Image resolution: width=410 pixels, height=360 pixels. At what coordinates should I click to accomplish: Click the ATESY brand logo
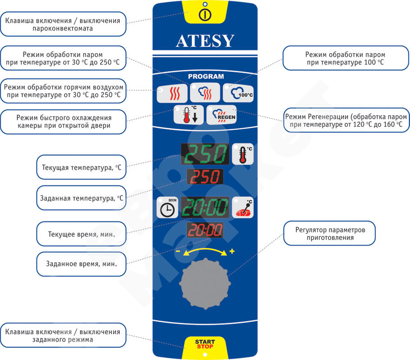tap(205, 41)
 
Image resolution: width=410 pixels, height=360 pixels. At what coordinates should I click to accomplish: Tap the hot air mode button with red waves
tap(172, 93)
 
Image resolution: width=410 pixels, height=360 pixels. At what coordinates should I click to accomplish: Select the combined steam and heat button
tap(205, 93)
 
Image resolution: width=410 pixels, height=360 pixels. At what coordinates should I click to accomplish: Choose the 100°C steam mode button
tap(238, 93)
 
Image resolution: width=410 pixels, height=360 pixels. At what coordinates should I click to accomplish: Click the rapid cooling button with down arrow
tap(188, 115)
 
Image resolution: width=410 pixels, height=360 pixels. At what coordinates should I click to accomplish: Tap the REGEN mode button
tap(222, 115)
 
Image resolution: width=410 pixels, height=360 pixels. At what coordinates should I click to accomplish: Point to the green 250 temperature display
tap(205, 154)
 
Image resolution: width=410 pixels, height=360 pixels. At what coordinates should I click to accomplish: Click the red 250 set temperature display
tap(205, 176)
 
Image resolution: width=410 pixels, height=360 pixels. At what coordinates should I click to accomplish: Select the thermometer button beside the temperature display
tap(243, 154)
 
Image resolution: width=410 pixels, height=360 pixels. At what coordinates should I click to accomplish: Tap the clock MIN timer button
tap(167, 207)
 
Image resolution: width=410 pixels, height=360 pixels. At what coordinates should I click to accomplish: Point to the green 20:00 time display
tap(205, 207)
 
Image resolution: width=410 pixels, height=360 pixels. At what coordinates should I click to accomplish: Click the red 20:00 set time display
tap(205, 230)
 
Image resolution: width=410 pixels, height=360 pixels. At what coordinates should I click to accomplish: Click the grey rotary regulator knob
tap(205, 283)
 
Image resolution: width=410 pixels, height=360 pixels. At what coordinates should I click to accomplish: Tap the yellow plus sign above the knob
tap(232, 251)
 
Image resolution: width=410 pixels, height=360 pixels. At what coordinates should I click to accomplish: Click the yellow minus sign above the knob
tap(178, 251)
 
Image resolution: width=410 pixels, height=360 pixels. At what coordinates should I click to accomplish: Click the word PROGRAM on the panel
tap(206, 76)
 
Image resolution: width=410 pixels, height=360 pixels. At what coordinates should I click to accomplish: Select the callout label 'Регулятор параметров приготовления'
tap(329, 233)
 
